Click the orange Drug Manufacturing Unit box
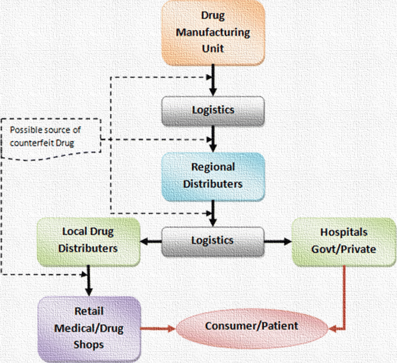213,32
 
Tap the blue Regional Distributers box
213,176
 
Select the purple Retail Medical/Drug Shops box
89,328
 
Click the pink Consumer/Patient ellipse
252,327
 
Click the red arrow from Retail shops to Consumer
158,329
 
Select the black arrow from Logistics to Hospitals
278,241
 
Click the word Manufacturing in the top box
213,32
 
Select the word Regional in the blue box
213,167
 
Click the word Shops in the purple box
88,345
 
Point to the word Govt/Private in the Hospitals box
344,249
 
